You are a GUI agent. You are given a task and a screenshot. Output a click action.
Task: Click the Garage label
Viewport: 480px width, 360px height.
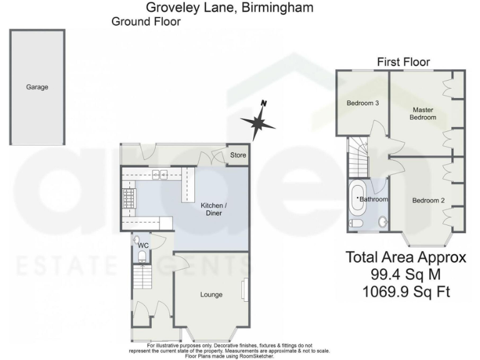coord(37,87)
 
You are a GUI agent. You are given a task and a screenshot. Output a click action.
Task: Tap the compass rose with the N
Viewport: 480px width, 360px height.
coord(257,122)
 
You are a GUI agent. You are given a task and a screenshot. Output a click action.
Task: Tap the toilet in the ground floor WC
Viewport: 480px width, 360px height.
coord(141,256)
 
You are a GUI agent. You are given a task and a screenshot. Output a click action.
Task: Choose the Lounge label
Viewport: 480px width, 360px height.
coord(211,294)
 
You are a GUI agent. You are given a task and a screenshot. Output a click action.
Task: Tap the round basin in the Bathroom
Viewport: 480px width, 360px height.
coord(382,221)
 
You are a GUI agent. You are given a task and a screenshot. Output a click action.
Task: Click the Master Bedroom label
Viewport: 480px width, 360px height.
coord(422,114)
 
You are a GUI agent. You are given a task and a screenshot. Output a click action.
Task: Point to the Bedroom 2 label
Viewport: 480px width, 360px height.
coord(428,201)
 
